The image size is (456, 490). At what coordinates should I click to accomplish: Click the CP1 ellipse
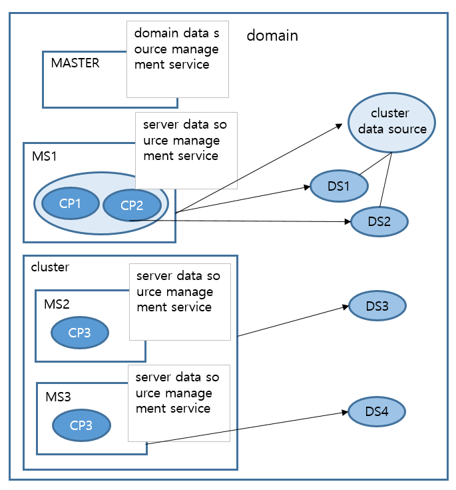[x=69, y=204]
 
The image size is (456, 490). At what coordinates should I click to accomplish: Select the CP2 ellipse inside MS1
[x=132, y=205]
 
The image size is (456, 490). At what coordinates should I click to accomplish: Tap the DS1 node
[x=339, y=186]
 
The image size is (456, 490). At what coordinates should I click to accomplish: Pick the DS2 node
[x=379, y=222]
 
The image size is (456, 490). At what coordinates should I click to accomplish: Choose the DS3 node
[x=376, y=306]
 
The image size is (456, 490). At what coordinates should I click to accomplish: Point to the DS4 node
[x=376, y=412]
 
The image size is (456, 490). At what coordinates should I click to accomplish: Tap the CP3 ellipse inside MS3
[x=82, y=425]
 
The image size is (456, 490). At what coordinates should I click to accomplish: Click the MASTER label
[x=75, y=63]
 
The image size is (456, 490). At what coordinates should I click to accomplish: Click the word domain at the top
[x=272, y=35]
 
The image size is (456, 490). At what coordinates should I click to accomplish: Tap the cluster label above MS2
[x=50, y=267]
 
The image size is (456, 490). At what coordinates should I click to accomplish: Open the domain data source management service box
[x=177, y=58]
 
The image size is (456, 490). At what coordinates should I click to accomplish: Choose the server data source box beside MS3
[x=178, y=402]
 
